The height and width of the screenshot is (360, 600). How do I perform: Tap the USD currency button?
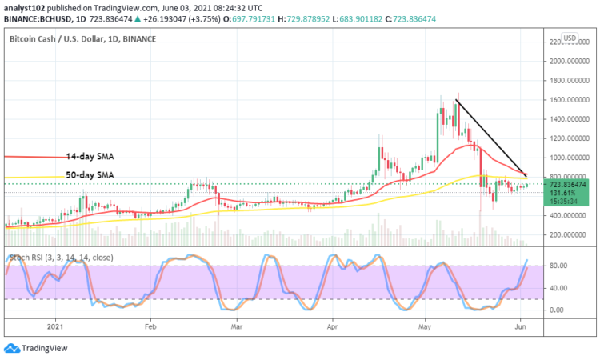(570, 38)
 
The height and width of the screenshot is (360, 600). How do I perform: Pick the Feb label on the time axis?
(150, 326)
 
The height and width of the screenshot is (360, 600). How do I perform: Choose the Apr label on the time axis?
(331, 326)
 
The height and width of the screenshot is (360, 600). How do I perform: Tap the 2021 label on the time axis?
(54, 326)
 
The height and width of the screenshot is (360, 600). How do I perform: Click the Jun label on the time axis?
(520, 326)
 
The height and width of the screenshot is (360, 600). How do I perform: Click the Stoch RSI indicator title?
(60, 258)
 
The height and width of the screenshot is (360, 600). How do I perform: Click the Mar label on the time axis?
(237, 326)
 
